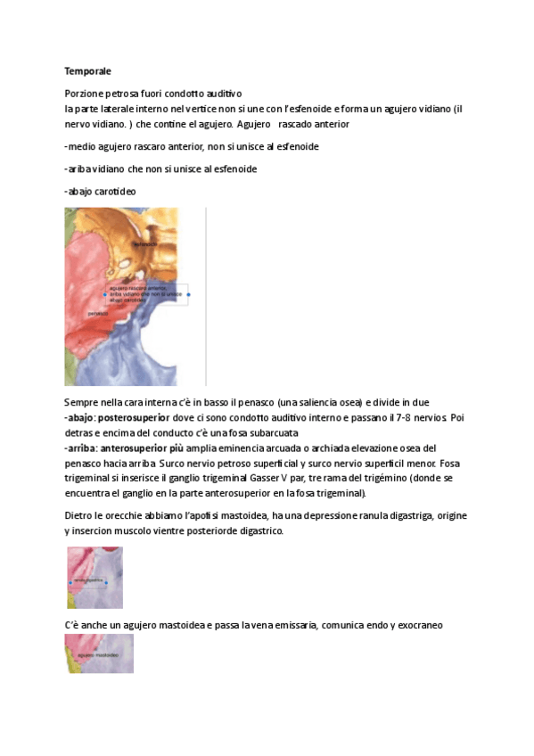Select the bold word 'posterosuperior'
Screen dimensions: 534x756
coord(133,416)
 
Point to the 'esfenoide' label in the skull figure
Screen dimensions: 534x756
coord(144,243)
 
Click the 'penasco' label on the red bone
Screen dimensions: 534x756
coord(97,313)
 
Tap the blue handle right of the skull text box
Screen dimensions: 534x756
coord(188,294)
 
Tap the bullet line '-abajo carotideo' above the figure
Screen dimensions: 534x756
coord(101,192)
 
